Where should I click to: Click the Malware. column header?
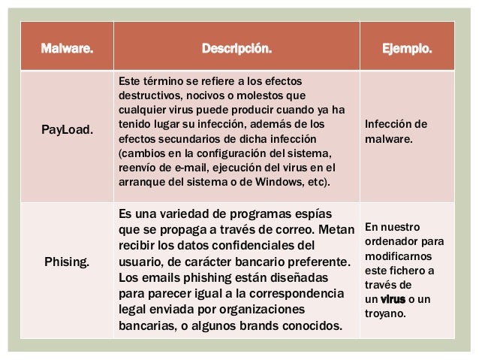click(68, 50)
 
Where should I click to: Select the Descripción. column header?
click(237, 50)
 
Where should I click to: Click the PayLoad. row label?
click(68, 130)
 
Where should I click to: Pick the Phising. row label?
click(68, 263)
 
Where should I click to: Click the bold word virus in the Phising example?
click(393, 299)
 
